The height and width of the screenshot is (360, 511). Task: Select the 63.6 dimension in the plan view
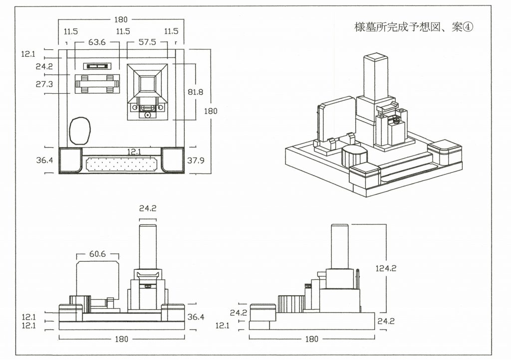[x=97, y=43]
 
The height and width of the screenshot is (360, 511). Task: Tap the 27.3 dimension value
[x=44, y=85]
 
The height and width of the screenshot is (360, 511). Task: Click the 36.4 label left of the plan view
[x=44, y=161]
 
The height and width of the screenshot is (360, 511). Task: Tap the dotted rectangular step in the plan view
[x=122, y=164]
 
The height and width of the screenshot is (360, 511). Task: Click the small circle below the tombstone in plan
[x=147, y=115]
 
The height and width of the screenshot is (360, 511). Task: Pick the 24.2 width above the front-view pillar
[x=148, y=208]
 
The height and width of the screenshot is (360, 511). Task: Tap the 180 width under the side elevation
[x=311, y=339]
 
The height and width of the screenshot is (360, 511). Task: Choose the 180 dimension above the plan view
[x=121, y=19]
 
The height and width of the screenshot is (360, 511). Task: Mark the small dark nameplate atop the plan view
[x=97, y=66]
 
